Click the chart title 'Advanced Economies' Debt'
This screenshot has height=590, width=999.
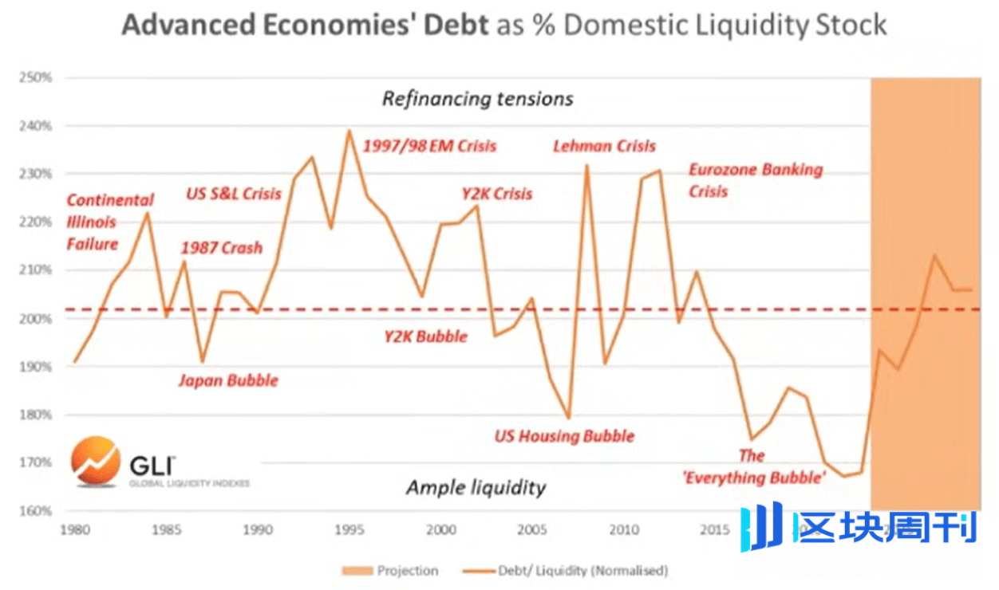[x=305, y=25]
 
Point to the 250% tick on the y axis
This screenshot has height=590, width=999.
[x=37, y=78]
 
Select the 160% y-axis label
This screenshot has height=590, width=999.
[x=37, y=510]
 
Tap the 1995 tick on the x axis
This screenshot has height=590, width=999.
[x=349, y=529]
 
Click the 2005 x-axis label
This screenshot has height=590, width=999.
[x=531, y=529]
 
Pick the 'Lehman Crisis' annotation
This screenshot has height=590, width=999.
[x=604, y=146]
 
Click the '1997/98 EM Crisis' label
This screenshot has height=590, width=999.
[x=429, y=146]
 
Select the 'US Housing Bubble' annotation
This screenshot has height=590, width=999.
[x=563, y=436]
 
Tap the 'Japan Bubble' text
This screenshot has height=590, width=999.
[x=229, y=380]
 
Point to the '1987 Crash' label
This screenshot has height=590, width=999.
[x=221, y=248]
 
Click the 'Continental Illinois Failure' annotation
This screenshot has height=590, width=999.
[x=109, y=222]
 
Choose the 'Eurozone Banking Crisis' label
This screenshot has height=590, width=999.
[x=754, y=180]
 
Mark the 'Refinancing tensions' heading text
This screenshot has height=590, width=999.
[x=477, y=99]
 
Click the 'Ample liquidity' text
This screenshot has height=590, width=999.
[x=476, y=487]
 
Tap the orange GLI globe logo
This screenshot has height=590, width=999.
[x=95, y=462]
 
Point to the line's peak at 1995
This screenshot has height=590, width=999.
[x=349, y=130]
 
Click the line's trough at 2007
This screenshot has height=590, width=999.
[x=568, y=418]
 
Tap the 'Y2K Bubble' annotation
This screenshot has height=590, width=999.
[x=425, y=336]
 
